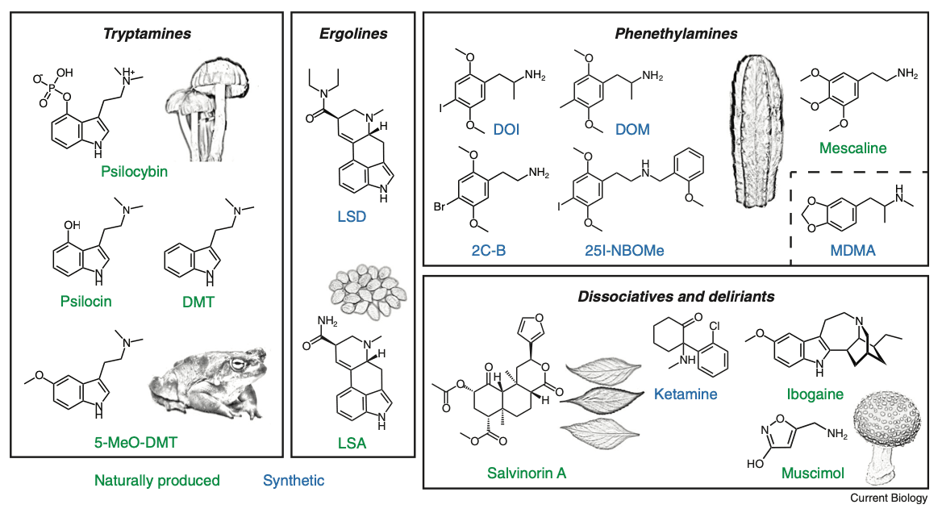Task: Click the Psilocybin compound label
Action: pos(135,171)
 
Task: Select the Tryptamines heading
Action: pos(147,34)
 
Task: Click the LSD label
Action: pos(352,217)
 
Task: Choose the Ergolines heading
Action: pos(352,34)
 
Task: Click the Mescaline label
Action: pos(852,148)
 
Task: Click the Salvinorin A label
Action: pos(527,472)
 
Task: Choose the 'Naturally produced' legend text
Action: pos(156,481)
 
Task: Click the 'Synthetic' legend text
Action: pos(294,481)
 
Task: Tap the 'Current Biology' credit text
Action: pos(889,499)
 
